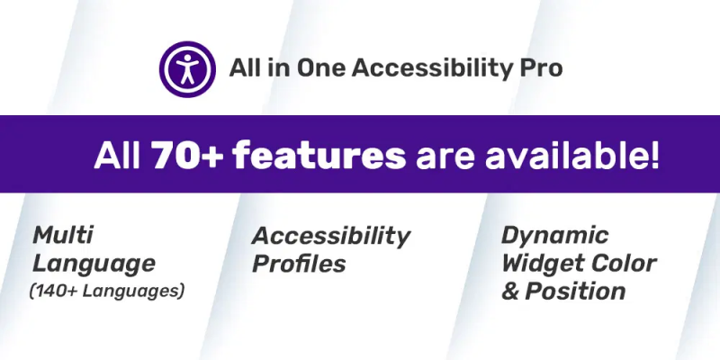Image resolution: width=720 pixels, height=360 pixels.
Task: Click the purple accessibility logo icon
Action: [187, 69]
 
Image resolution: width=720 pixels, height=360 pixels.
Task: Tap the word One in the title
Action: [321, 69]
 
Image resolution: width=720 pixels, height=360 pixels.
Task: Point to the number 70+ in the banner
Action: [187, 155]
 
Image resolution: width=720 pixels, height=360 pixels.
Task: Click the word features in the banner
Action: [319, 155]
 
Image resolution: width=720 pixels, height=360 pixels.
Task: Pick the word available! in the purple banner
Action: [572, 155]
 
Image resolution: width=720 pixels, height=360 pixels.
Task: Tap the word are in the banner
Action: [445, 157]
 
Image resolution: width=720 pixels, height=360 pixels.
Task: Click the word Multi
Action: [62, 235]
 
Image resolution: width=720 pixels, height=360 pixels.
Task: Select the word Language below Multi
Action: [94, 265]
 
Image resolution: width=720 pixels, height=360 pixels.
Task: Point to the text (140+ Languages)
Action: [106, 291]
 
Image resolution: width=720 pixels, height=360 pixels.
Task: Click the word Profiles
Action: [299, 264]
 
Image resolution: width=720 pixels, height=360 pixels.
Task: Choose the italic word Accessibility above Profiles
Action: [331, 237]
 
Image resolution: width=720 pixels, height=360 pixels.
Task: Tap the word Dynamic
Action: [554, 237]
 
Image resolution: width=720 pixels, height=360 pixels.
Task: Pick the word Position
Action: [575, 291]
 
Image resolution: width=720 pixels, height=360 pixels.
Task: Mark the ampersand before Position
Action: [510, 292]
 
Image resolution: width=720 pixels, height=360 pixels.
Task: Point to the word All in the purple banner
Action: [118, 155]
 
